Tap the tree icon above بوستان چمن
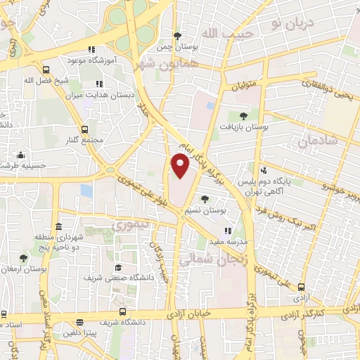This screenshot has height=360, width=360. point(178,37)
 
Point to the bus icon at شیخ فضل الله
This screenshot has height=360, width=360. point(46,70)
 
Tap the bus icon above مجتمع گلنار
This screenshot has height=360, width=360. point(84,129)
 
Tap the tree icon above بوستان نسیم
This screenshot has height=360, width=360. point(204,199)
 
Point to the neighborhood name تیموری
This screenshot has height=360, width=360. point(128,226)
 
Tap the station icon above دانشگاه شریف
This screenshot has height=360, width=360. point(123,311)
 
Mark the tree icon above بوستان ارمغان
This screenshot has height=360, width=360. point(23,258)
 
